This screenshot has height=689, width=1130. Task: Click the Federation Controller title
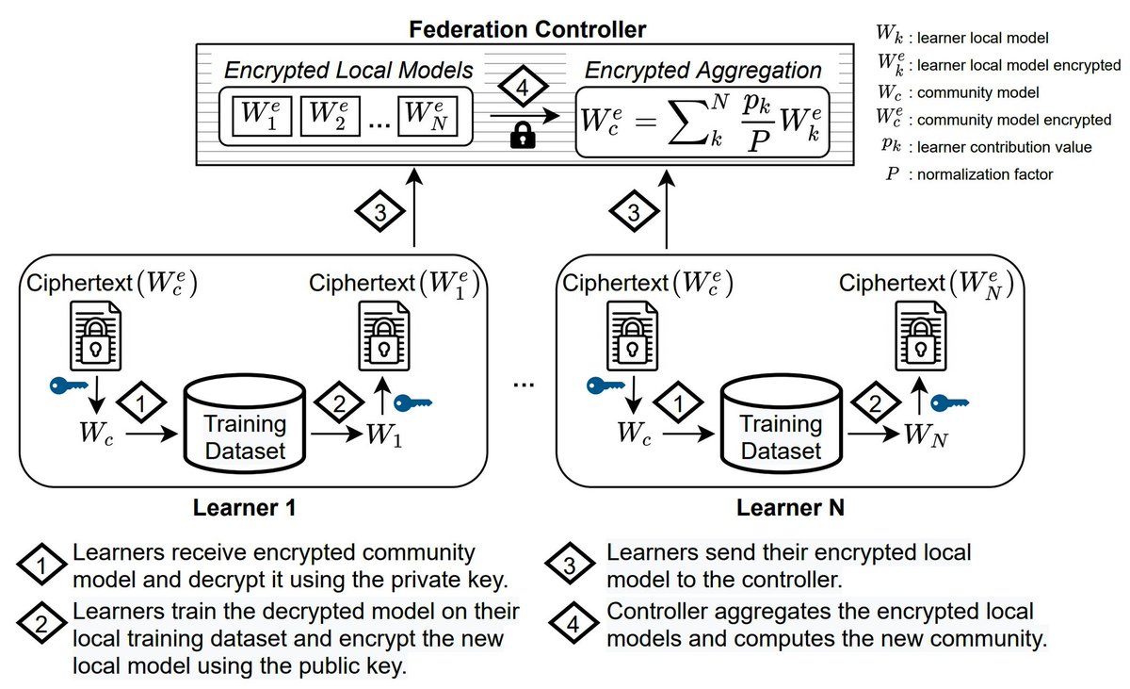point(527,29)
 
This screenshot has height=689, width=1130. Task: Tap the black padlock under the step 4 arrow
point(523,136)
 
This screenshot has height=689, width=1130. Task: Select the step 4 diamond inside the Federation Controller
point(524,87)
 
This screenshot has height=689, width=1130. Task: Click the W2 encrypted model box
point(330,116)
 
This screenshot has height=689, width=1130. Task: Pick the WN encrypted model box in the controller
point(428,116)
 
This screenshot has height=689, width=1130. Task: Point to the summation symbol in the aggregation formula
point(688,122)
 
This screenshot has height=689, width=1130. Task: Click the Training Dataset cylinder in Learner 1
point(245,424)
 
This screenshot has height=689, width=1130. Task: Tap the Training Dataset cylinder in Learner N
point(782,424)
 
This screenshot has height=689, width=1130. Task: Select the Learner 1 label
point(244,508)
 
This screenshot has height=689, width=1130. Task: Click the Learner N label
point(790,508)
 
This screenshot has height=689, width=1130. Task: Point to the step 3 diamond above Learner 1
point(379,211)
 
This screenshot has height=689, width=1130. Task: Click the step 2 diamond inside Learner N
point(875,402)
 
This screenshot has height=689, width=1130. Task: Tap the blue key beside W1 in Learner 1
point(412,403)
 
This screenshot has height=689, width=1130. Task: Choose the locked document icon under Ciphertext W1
point(384,336)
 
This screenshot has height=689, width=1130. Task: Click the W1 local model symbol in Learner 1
point(384,435)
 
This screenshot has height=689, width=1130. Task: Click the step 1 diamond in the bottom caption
point(41,565)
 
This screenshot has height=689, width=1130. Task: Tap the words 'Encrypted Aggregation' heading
point(703,70)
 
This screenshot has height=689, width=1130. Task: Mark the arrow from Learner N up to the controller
point(667,209)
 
